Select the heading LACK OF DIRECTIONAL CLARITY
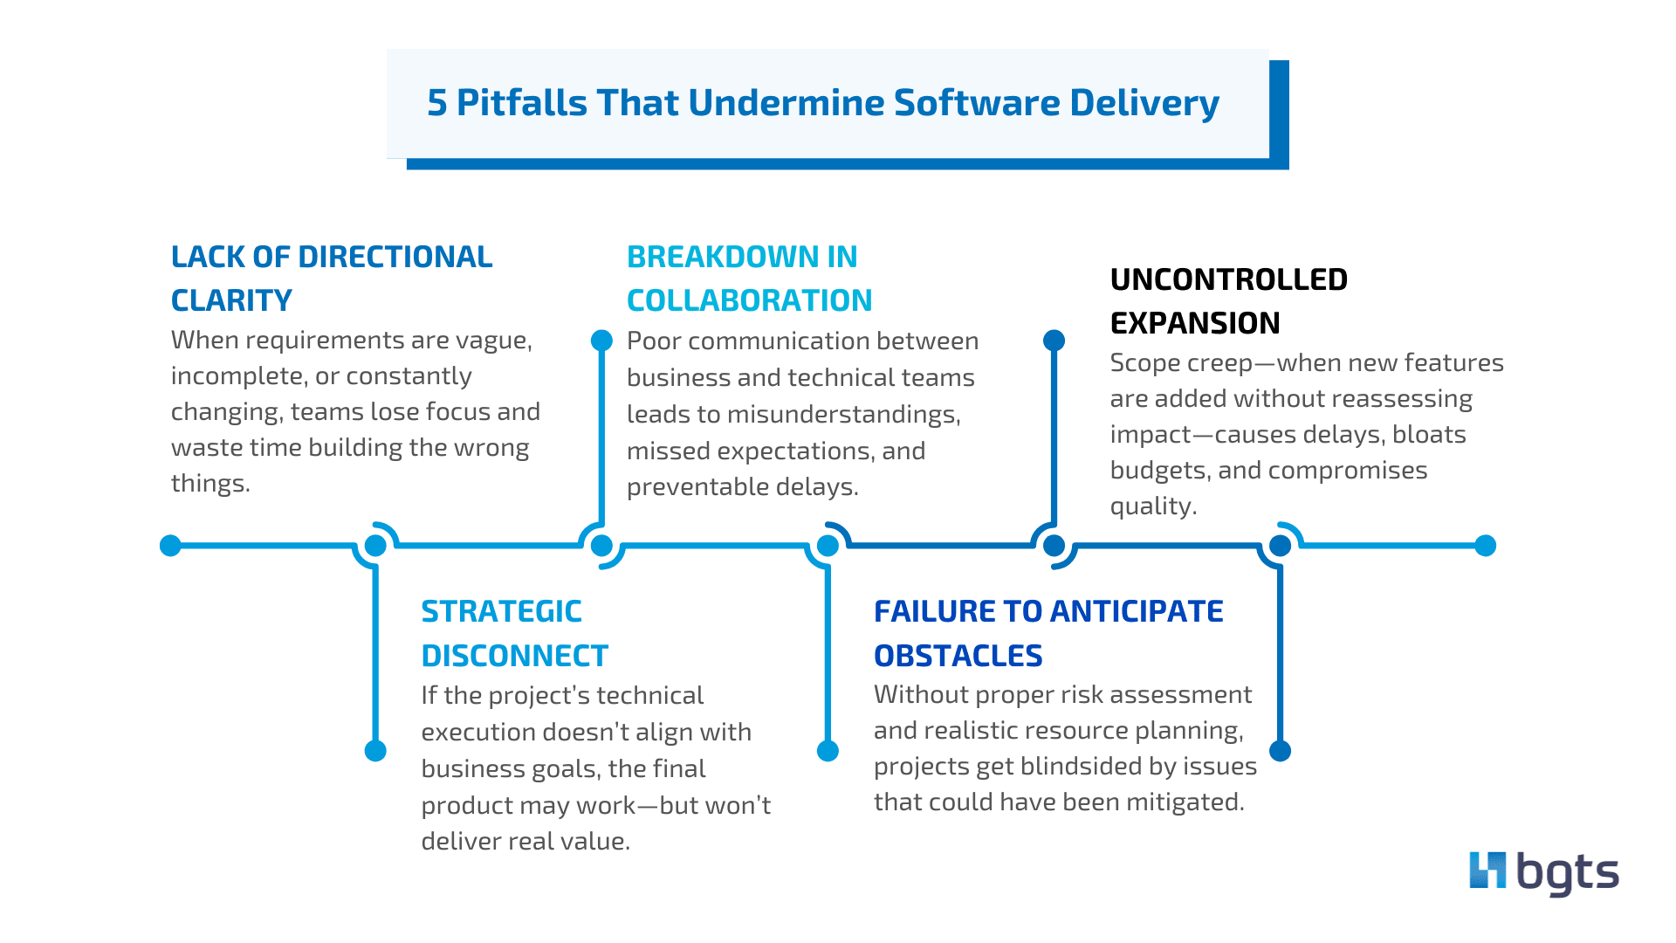(331, 278)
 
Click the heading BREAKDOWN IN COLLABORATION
(748, 278)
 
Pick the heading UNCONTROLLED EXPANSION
(1227, 300)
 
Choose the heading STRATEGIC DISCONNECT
(513, 633)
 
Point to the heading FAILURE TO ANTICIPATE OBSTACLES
(1047, 633)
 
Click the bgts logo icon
(1487, 871)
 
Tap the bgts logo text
(1568, 873)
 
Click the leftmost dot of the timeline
(171, 546)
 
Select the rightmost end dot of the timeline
(1485, 546)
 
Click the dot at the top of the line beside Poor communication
(601, 341)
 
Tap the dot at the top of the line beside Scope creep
(1054, 341)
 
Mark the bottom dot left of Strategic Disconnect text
(375, 751)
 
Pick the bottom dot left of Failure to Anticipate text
(828, 751)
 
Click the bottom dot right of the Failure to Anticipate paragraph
(1280, 751)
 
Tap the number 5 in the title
(436, 103)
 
